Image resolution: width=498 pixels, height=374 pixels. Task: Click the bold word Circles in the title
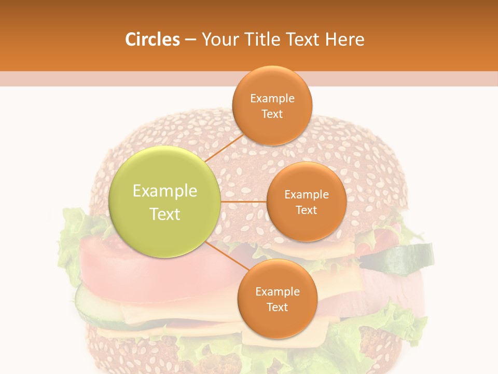pos(152,39)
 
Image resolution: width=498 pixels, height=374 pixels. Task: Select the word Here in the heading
pos(345,39)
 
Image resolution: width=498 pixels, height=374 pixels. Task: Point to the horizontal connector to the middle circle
pos(244,202)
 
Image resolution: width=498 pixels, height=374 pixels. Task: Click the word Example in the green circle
pos(165,191)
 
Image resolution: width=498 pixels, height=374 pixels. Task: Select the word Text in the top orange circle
pos(272,114)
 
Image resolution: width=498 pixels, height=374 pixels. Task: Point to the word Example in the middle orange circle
pos(307,195)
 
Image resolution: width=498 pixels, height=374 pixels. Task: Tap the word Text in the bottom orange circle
pos(278,308)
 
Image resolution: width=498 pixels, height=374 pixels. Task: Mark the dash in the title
pos(190,39)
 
